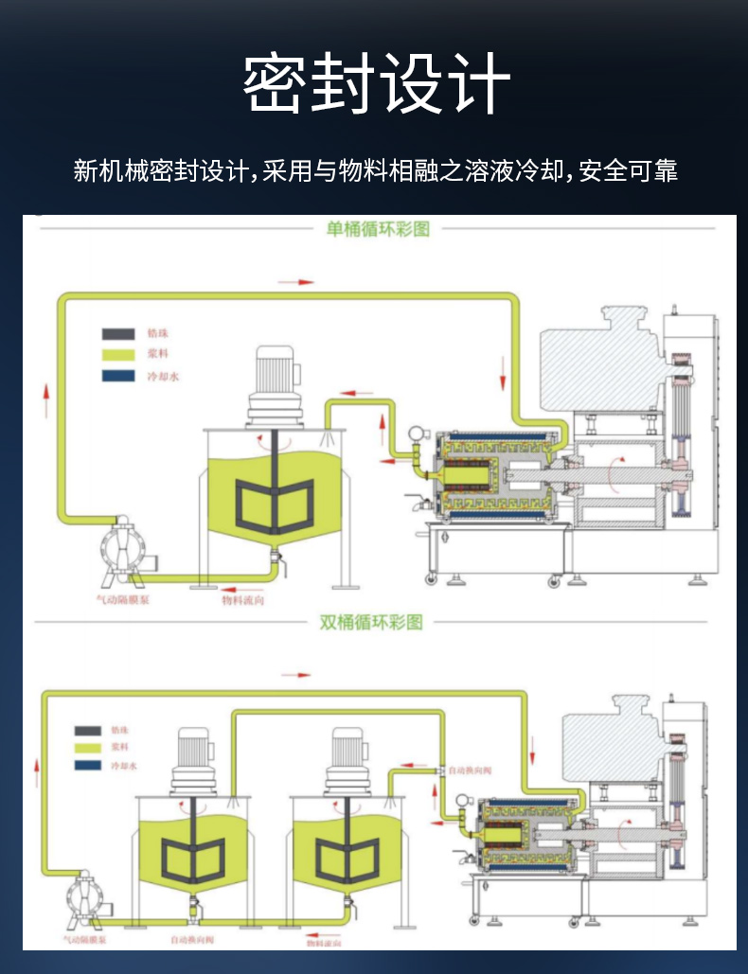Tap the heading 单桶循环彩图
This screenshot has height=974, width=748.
point(378,228)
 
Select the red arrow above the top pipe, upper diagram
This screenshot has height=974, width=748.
point(294,281)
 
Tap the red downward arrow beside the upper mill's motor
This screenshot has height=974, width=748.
point(503,376)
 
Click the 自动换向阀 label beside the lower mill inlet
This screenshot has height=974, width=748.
point(471,771)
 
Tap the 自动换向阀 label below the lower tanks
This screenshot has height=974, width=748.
point(192,940)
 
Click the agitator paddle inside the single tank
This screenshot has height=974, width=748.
point(276,501)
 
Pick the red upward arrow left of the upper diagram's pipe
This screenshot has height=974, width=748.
point(46,398)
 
